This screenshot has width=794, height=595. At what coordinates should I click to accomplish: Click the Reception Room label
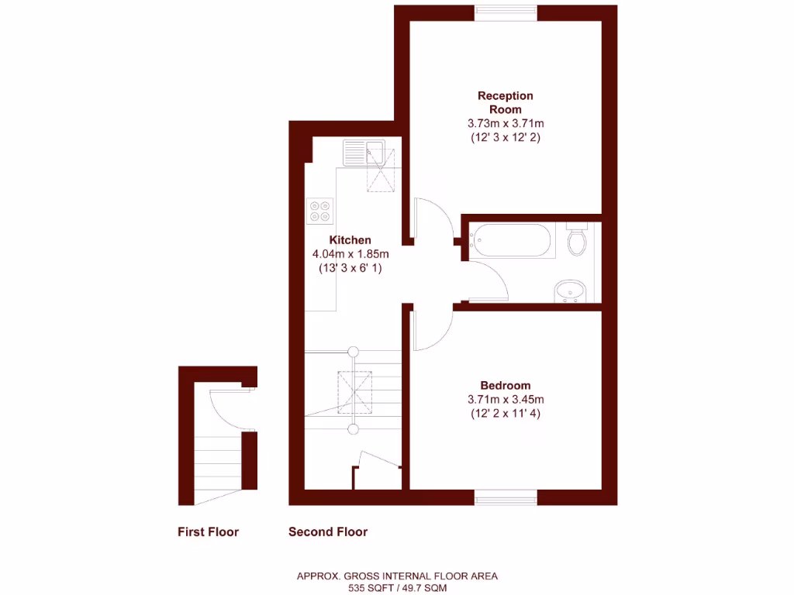pyautogui.click(x=506, y=102)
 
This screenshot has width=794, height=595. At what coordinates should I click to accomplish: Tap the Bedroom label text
pyautogui.click(x=505, y=385)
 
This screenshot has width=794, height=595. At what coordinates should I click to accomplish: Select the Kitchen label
pyautogui.click(x=350, y=240)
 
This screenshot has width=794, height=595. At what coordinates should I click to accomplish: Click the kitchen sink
pyautogui.click(x=364, y=152)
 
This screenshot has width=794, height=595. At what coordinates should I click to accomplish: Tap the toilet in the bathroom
pyautogui.click(x=577, y=240)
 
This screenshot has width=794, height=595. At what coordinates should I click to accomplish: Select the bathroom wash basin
pyautogui.click(x=571, y=291)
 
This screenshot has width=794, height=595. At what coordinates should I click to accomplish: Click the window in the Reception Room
pyautogui.click(x=506, y=12)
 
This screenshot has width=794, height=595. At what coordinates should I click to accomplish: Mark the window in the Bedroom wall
pyautogui.click(x=506, y=497)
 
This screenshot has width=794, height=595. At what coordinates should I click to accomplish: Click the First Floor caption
pyautogui.click(x=208, y=532)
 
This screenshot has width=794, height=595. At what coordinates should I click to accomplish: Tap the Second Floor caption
pyautogui.click(x=328, y=532)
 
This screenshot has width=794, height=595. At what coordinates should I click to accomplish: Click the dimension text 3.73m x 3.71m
pyautogui.click(x=506, y=123)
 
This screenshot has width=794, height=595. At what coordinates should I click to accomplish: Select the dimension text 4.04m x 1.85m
pyautogui.click(x=350, y=254)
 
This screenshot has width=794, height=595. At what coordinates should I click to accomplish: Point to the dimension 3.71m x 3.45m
pyautogui.click(x=506, y=400)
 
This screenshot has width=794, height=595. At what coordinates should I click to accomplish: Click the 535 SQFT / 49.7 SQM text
pyautogui.click(x=397, y=587)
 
